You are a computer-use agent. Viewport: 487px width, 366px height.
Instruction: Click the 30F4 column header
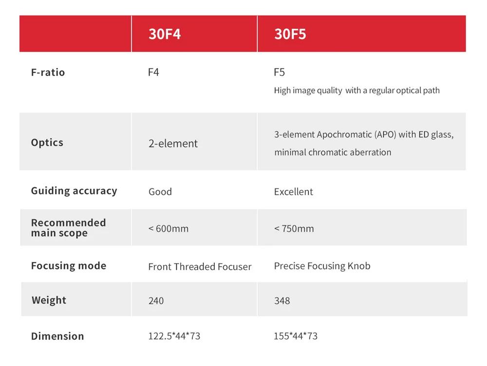[164, 34]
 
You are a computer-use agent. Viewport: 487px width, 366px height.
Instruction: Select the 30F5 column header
[290, 34]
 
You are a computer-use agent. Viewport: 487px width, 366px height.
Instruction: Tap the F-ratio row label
[48, 73]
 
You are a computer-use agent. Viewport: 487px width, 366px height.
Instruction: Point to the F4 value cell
[153, 73]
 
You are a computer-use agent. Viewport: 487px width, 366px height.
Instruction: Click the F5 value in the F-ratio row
[279, 73]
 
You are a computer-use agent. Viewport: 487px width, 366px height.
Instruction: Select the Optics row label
[47, 143]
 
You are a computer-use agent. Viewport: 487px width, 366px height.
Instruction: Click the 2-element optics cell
[173, 144]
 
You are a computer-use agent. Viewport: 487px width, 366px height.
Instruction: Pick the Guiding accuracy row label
[74, 191]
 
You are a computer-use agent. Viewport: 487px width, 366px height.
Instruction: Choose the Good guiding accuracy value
[160, 192]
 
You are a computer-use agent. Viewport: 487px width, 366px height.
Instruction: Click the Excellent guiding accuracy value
[293, 192]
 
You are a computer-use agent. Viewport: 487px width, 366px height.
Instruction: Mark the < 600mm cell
[169, 228]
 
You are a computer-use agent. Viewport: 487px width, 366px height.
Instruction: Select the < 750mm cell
[294, 228]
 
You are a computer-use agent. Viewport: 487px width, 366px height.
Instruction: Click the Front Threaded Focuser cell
[200, 267]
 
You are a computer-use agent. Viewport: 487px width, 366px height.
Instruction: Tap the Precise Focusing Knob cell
[322, 266]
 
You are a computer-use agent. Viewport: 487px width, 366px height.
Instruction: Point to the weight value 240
[156, 300]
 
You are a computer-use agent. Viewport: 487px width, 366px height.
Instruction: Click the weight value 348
[281, 300]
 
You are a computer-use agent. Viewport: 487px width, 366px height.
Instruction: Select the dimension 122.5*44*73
[174, 336]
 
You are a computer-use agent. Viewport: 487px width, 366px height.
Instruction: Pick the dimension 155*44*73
[296, 336]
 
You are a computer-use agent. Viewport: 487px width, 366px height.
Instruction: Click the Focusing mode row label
[68, 266]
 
